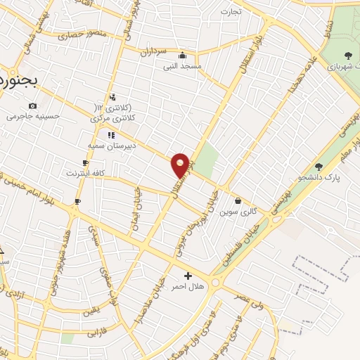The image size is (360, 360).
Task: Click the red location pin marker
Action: click(x=180, y=165)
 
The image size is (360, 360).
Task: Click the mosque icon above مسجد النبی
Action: click(x=183, y=56)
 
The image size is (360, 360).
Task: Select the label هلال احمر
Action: click(x=188, y=286)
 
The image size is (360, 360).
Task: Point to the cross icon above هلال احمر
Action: click(x=188, y=276)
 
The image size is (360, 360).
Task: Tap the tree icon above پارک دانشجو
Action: click(x=319, y=167)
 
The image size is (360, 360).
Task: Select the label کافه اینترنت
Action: click(x=85, y=172)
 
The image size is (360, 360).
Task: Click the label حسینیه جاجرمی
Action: click(x=30, y=116)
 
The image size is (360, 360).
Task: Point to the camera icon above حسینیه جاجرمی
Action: click(x=32, y=105)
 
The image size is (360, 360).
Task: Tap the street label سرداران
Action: click(x=152, y=51)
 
